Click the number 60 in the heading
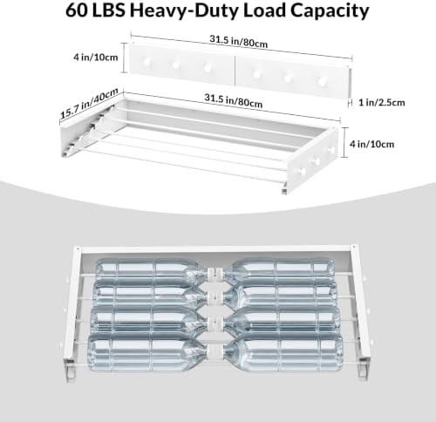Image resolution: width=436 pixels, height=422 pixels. [x=76, y=10]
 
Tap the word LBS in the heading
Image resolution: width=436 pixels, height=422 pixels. [x=108, y=10]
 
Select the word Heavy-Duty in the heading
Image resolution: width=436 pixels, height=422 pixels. [x=184, y=11]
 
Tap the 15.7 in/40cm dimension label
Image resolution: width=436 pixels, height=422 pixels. [x=89, y=104]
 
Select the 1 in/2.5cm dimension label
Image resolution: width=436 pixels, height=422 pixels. [x=382, y=103]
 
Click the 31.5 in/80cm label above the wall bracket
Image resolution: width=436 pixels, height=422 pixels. [x=238, y=41]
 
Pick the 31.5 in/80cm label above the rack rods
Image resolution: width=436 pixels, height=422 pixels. [x=233, y=101]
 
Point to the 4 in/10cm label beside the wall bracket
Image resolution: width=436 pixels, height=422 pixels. [x=96, y=57]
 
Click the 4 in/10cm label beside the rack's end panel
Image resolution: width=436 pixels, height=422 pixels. [x=371, y=144]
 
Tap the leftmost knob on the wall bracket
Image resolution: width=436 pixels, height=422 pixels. [x=146, y=62]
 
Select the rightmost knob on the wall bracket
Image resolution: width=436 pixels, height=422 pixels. [x=322, y=81]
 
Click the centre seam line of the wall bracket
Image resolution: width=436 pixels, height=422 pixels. [x=235, y=71]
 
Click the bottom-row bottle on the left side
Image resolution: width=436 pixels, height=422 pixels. [x=147, y=352]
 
